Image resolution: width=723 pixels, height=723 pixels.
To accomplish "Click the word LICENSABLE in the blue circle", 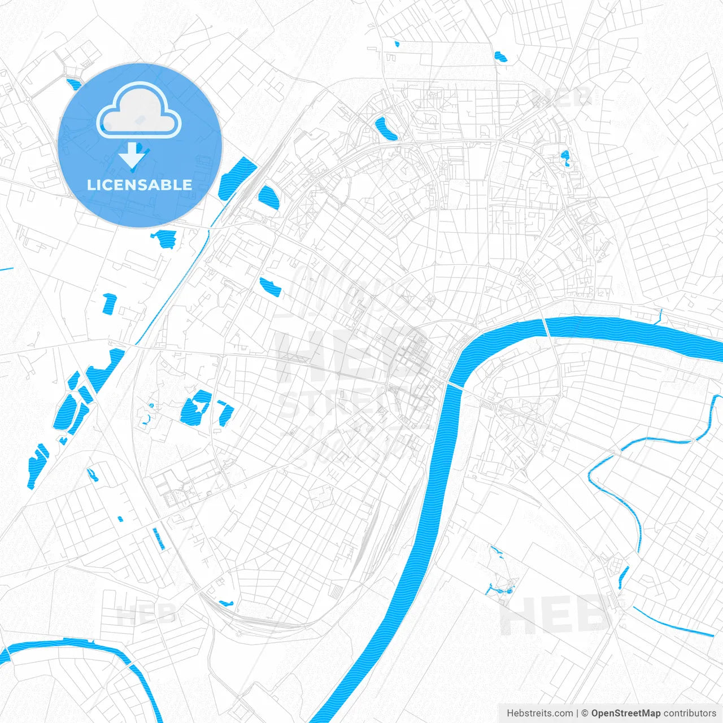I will click(x=140, y=185).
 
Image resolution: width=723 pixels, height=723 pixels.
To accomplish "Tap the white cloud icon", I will click(x=139, y=111).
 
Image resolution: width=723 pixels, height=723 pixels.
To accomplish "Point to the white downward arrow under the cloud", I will click(x=133, y=155).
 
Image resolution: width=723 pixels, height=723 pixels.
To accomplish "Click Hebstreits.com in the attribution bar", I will click(x=539, y=713).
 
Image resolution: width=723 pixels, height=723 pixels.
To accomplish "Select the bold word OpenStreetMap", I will click(x=625, y=713).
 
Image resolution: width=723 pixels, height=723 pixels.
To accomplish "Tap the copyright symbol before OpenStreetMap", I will click(x=585, y=713).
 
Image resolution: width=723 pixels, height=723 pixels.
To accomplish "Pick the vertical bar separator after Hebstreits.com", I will click(x=577, y=713).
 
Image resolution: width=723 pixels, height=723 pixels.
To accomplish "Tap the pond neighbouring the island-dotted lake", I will click(x=225, y=412).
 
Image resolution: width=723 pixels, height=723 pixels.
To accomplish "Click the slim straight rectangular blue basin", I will click(x=159, y=539).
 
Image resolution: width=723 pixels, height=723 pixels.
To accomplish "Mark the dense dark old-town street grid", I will click(x=412, y=356).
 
